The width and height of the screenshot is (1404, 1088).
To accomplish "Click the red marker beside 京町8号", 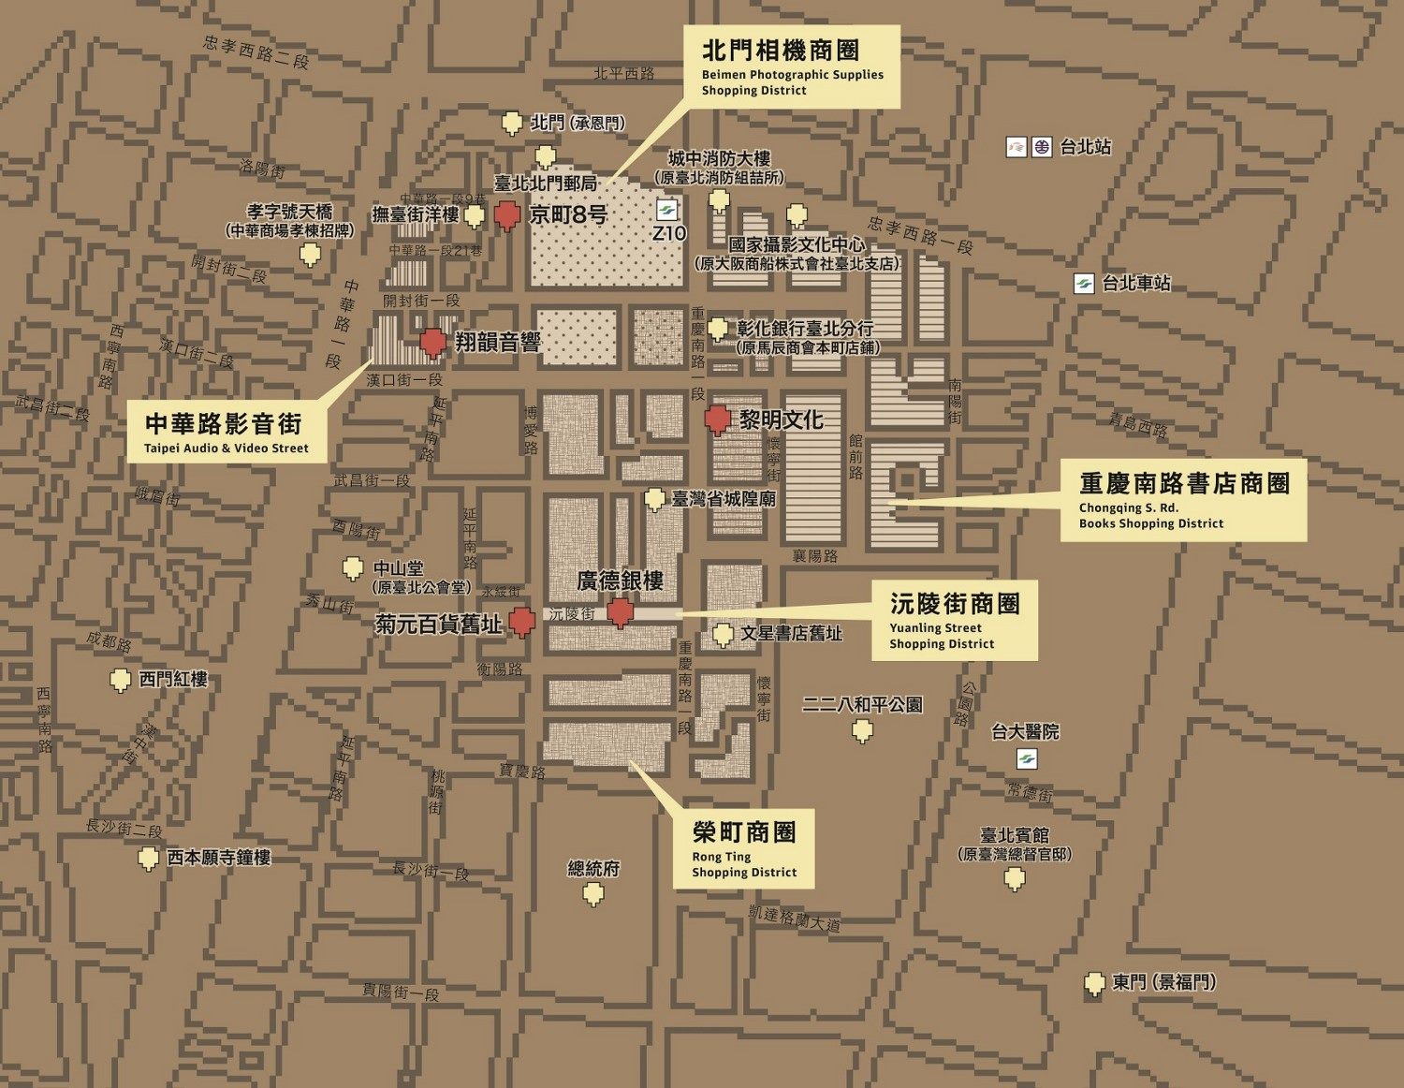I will coord(507,215).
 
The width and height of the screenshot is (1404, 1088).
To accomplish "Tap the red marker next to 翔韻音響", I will coord(432,343).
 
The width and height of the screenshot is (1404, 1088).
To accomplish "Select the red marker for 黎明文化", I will coord(717,420).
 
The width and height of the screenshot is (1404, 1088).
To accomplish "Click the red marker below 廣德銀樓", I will coord(619,613).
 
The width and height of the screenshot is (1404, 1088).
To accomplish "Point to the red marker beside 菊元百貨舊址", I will coord(521,623).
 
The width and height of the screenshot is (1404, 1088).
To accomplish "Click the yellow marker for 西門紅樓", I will coord(120,680).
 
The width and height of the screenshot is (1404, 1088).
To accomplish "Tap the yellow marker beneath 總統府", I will coord(593,895).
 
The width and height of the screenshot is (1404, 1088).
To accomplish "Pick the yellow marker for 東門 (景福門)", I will coord(1093,984).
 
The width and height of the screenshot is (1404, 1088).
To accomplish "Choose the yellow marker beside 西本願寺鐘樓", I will coord(147,858).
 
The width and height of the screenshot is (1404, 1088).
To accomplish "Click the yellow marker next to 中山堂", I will coord(352,568).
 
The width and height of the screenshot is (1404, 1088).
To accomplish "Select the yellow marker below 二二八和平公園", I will coord(863,730).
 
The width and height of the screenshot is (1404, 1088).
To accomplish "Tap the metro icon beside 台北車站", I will coord(1084,284).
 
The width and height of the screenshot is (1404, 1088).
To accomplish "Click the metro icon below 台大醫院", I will coord(1027,758).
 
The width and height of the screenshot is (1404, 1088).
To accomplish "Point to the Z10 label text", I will coord(668,233).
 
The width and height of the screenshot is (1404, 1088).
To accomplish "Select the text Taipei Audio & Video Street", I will coord(226,448).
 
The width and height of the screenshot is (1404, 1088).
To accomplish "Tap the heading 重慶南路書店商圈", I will coord(1184,484).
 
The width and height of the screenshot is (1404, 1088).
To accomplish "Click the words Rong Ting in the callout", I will coord(721,857).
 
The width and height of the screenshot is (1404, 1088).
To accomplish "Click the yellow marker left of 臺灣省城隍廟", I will coord(655,500).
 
